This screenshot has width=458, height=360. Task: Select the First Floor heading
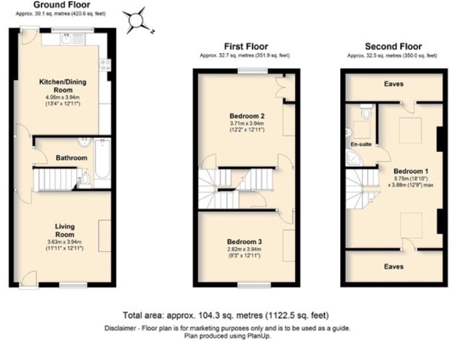pyautogui.click(x=245, y=46)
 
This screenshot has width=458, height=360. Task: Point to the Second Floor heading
pyautogui.click(x=392, y=46)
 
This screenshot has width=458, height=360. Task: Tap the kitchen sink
pyautogui.click(x=67, y=39)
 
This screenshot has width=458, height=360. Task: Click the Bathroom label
pyautogui.click(x=71, y=157)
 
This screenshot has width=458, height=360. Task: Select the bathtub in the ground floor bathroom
pyautogui.click(x=102, y=162)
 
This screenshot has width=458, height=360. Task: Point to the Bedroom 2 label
pyautogui.click(x=246, y=116)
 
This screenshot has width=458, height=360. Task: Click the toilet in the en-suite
pyautogui.click(x=366, y=112)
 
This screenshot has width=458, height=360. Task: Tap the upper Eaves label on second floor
pyautogui.click(x=394, y=84)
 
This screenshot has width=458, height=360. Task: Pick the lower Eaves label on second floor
pyautogui.click(x=394, y=267)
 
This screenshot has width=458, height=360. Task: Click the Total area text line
pyautogui.click(x=226, y=315)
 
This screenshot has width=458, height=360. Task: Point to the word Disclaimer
pyautogui.click(x=120, y=328)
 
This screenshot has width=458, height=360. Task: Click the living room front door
pyautogui.click(x=28, y=280)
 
